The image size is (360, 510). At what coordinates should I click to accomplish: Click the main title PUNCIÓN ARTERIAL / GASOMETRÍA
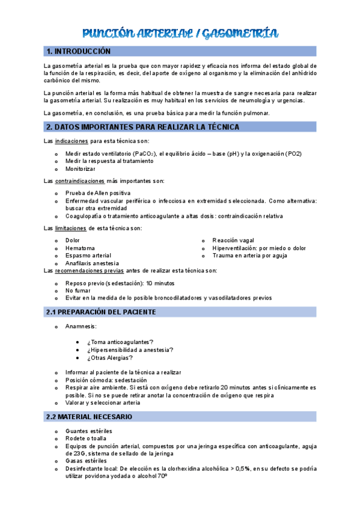point(180,34)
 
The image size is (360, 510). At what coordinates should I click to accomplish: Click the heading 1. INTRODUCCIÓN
point(79,52)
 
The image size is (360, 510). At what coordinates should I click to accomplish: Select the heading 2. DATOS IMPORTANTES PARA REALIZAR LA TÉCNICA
point(143,127)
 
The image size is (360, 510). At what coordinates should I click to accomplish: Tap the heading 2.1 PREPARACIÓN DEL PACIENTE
point(101,312)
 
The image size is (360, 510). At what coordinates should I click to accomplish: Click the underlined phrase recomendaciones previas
point(93,271)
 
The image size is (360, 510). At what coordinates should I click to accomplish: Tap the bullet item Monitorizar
point(81,169)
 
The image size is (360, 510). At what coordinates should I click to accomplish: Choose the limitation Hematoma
point(80,248)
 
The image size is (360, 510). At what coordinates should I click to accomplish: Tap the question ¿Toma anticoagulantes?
point(120,342)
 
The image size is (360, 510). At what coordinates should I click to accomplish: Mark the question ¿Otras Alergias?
point(110,358)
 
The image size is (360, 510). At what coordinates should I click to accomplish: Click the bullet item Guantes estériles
point(89,431)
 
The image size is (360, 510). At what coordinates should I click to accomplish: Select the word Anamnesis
point(81,327)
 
